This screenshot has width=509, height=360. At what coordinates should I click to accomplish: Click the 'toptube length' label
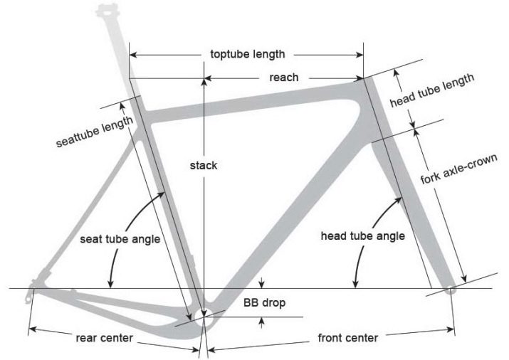(x=248, y=54)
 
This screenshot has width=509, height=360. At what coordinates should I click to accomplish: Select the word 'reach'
(x=283, y=77)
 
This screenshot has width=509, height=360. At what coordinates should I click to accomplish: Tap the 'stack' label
(x=204, y=165)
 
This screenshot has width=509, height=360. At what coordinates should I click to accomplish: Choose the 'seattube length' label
(x=95, y=132)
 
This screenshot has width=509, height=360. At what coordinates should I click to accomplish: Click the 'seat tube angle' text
(x=120, y=239)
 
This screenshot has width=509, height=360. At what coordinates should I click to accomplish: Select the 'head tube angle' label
(x=362, y=235)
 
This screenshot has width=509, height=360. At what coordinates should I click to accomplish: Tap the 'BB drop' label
(x=264, y=303)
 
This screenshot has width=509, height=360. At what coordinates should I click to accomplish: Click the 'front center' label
(x=348, y=338)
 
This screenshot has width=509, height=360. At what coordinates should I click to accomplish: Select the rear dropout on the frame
(x=33, y=288)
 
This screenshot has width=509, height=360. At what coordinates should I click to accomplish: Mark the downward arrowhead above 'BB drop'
(x=263, y=285)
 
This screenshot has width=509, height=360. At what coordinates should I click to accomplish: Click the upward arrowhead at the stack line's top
(x=204, y=81)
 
